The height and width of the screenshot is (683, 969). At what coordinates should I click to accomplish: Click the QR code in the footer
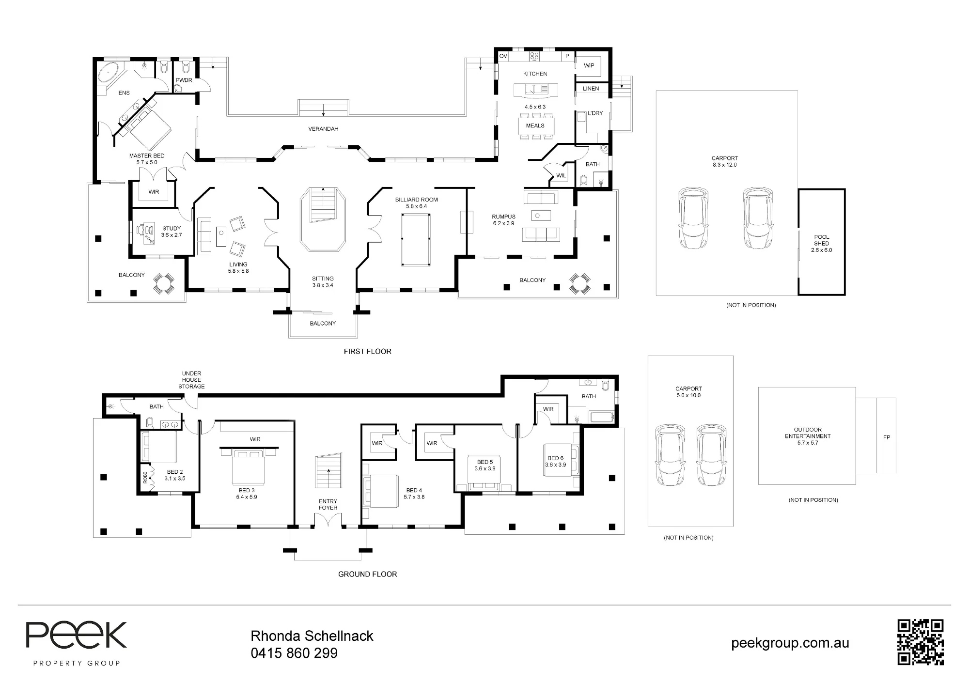point(920,642)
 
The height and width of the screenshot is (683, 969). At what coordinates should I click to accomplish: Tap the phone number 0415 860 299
point(294,653)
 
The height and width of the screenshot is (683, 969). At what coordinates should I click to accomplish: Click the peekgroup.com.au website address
point(790,643)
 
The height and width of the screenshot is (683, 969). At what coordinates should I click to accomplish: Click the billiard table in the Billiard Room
point(416,240)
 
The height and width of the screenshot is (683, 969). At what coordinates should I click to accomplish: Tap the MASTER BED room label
point(147,155)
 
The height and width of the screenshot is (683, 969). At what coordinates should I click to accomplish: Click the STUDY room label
point(172,228)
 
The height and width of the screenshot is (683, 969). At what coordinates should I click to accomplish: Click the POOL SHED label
point(822,240)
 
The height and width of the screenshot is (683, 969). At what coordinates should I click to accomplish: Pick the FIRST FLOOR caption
point(368,351)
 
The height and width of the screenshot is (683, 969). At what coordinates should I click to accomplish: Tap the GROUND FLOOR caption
point(368,574)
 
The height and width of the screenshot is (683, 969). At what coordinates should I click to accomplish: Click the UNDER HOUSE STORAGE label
point(191,380)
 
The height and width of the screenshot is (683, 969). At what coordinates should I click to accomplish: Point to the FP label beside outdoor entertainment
point(887,437)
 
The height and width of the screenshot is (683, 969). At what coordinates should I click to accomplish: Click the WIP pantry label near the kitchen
point(589,65)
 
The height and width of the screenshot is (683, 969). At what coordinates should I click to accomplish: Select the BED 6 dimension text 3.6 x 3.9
point(556,465)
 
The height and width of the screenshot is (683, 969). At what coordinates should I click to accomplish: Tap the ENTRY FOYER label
point(328,504)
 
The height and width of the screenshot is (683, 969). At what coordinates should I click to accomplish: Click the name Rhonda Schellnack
point(312,636)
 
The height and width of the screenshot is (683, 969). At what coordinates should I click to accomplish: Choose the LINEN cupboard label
point(591,89)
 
